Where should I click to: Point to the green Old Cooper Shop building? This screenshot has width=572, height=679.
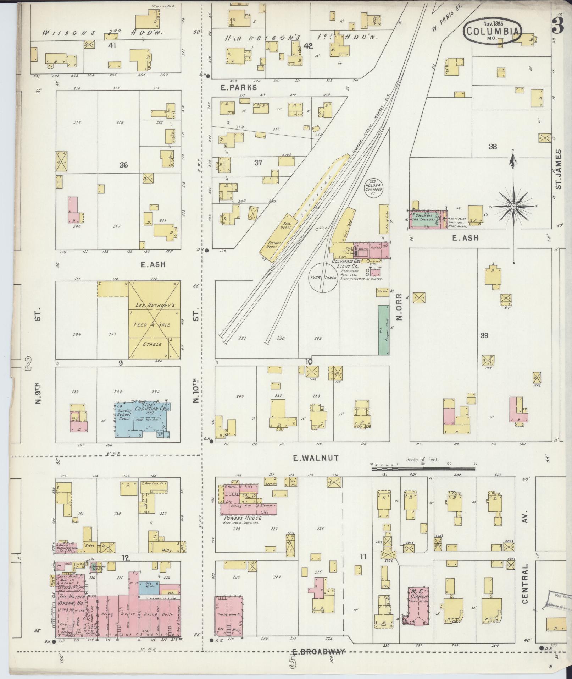tap(383, 329)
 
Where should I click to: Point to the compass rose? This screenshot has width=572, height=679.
tap(513, 206)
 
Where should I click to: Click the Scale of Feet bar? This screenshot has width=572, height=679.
tap(423, 469)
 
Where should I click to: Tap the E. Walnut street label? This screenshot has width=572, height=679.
tap(311, 458)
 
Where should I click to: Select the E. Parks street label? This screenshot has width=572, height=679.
tap(238, 87)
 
